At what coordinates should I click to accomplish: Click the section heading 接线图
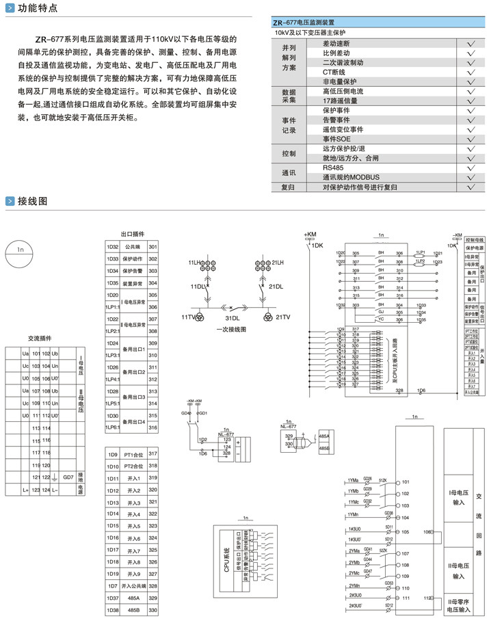tap(32, 201)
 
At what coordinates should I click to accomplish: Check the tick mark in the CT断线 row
tap(471, 71)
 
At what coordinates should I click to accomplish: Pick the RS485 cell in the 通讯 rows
tap(333, 167)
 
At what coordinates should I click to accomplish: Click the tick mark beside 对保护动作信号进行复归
tap(471, 186)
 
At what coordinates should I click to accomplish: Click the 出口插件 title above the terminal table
tap(133, 235)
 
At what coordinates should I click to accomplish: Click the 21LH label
tap(277, 263)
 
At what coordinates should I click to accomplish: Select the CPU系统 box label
tap(224, 551)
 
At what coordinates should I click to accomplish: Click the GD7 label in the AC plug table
tap(67, 477)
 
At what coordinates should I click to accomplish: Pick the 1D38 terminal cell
tap(112, 609)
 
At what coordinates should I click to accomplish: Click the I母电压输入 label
tap(458, 497)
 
